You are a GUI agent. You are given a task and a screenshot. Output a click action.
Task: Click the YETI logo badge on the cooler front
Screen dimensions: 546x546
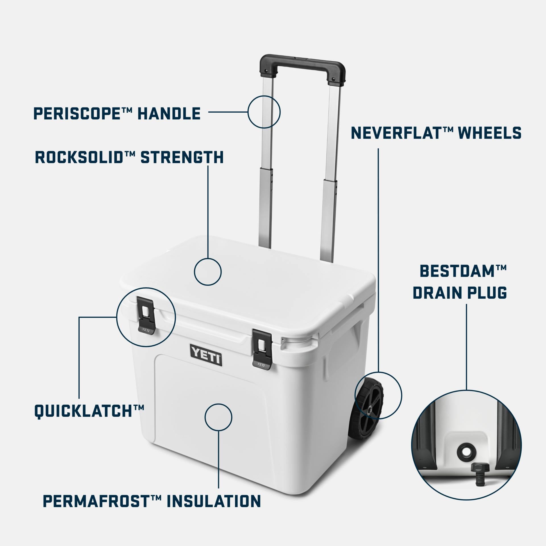click(x=206, y=355)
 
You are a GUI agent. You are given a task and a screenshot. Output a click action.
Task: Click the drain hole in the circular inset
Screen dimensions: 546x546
click(x=466, y=451)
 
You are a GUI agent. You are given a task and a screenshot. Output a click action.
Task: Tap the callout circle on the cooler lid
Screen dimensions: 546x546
click(x=208, y=272)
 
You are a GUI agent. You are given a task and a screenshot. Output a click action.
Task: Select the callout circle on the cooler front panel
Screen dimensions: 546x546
click(x=218, y=417)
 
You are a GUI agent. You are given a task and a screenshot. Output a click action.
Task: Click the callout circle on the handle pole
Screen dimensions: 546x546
click(x=264, y=111)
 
